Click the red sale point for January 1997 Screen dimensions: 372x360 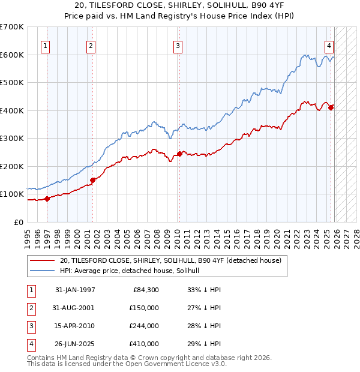(47, 199)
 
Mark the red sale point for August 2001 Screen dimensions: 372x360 (92, 180)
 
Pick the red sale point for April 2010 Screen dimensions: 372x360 (179, 154)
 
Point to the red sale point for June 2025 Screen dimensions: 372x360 (331, 107)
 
